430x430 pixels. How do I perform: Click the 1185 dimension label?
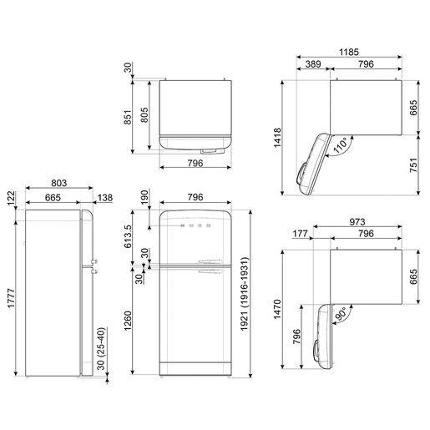(x=349, y=52)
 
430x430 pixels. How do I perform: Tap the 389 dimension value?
(x=313, y=64)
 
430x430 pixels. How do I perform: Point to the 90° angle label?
(x=340, y=314)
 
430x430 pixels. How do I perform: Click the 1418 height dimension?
(x=278, y=138)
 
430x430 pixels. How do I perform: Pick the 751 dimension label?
(x=414, y=165)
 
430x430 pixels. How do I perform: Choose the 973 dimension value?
(x=357, y=222)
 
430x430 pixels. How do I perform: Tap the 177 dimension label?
(x=300, y=234)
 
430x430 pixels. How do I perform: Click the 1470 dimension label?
(x=278, y=309)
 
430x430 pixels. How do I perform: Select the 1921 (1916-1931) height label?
(x=245, y=294)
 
